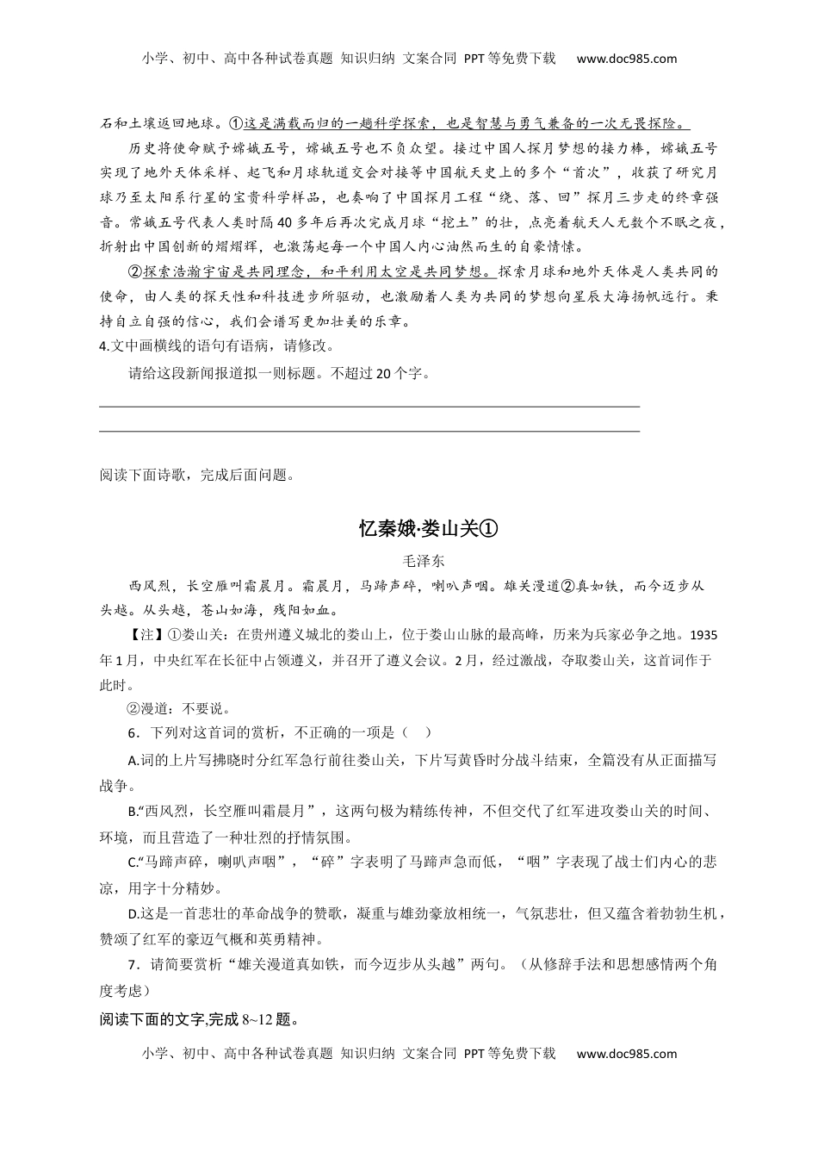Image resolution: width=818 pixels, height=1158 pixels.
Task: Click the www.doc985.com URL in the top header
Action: (x=626, y=59)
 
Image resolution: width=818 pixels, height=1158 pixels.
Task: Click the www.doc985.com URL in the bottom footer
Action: (x=626, y=1053)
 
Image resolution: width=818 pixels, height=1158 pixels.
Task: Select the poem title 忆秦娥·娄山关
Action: (x=429, y=528)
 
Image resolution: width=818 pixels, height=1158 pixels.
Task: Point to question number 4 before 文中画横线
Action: (x=103, y=346)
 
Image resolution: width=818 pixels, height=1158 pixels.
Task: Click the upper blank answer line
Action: (x=370, y=404)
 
